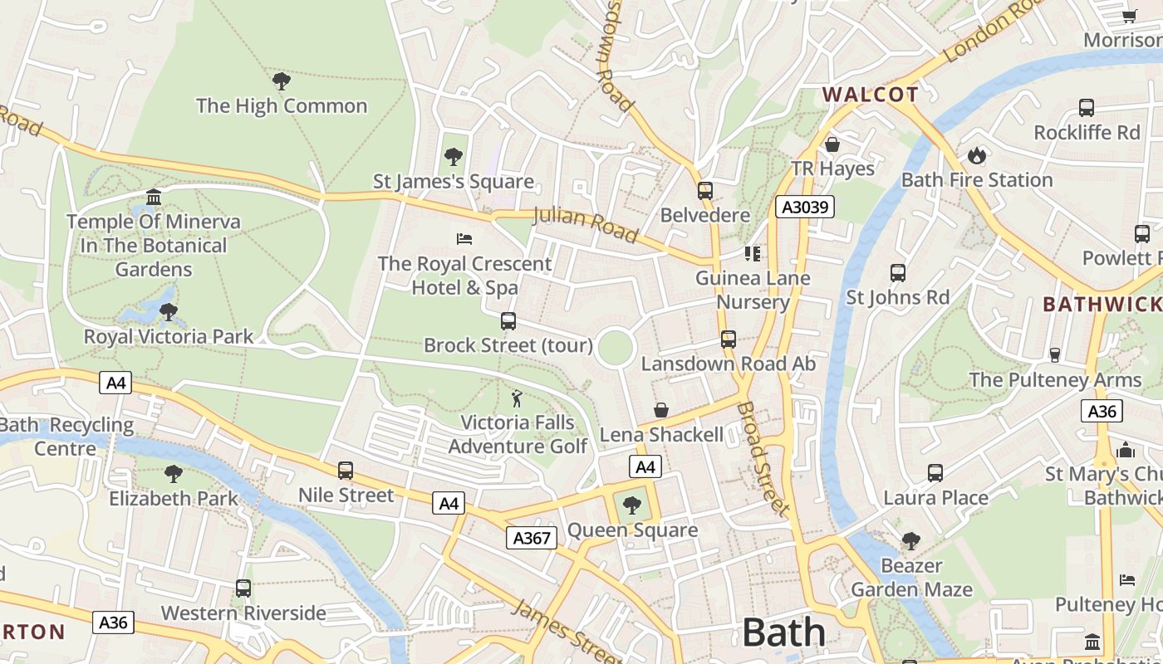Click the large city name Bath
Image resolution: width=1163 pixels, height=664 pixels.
click(783, 632)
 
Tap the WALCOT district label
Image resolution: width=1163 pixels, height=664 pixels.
click(871, 95)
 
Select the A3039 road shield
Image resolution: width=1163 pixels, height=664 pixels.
click(804, 207)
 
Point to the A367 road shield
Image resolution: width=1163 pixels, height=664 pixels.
click(532, 538)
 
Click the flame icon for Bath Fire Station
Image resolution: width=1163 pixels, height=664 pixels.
click(976, 155)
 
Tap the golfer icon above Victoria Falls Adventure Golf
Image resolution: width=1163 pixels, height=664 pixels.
click(517, 398)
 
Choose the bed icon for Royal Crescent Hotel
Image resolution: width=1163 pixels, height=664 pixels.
click(464, 239)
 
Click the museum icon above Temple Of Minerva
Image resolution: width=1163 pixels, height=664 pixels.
click(154, 197)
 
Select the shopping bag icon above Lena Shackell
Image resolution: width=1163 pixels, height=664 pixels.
click(661, 410)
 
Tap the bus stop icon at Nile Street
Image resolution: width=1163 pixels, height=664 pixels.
click(346, 471)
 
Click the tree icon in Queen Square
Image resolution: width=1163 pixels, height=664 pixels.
click(632, 505)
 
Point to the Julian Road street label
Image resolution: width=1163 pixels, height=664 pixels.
click(585, 224)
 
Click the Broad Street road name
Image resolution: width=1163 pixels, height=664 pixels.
click(762, 459)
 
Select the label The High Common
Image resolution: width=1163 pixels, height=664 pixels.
click(281, 106)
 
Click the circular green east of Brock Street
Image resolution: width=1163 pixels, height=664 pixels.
click(616, 347)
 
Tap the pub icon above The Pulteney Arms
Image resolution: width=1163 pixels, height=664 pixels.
click(1055, 355)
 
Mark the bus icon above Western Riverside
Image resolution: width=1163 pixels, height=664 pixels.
click(243, 588)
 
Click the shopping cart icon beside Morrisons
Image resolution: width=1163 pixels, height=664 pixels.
click(1129, 16)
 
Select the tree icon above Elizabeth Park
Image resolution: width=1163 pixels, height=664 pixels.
click(173, 474)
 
